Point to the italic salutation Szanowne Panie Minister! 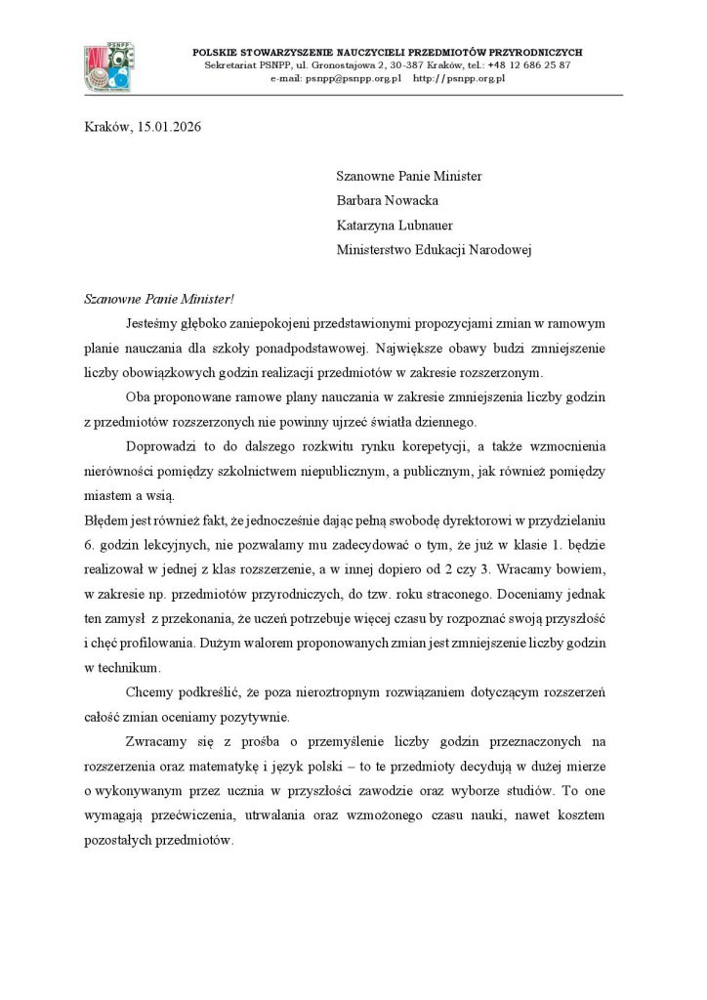(x=154, y=298)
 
